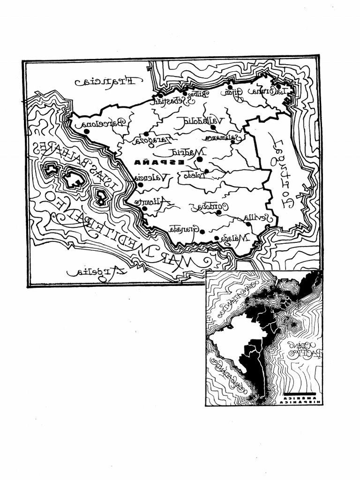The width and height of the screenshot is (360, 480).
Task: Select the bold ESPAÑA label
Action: (x=152, y=162)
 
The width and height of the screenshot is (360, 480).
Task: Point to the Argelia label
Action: (x=97, y=271)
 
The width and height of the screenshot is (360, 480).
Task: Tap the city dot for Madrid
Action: (x=199, y=159)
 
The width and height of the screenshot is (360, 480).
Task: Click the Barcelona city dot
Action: (x=87, y=132)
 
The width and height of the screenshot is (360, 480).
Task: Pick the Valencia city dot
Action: (x=140, y=185)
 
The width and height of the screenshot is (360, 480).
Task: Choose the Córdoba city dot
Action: (x=218, y=212)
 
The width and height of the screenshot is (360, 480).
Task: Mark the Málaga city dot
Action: (x=217, y=238)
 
